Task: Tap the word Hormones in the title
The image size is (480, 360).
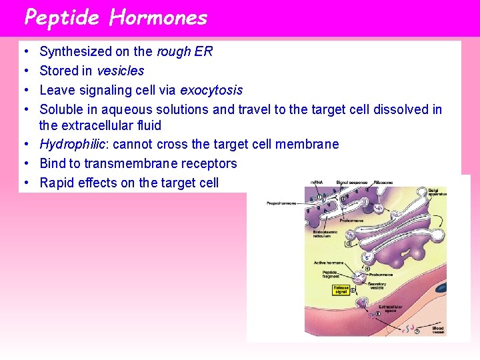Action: (159, 18)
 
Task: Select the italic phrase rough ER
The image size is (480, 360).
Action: (185, 52)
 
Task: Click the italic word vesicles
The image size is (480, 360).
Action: (121, 71)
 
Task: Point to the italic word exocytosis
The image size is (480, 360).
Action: (211, 90)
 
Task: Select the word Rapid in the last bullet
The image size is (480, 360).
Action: (56, 183)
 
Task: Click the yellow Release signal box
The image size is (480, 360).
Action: (341, 290)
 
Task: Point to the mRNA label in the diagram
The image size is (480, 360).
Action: (317, 181)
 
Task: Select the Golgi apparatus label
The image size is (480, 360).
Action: (437, 193)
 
